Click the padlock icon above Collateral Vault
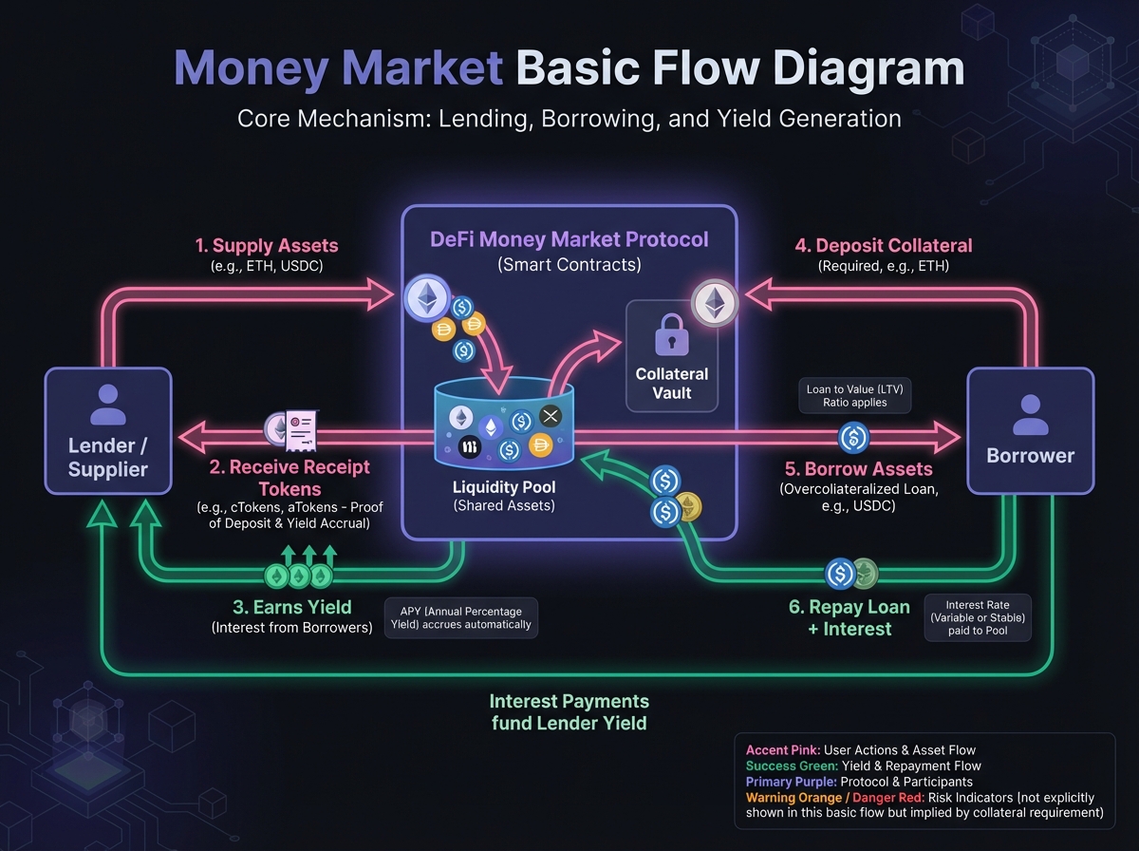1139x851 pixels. click(x=671, y=335)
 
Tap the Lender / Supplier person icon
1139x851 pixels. click(x=108, y=405)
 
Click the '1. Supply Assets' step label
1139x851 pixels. click(x=267, y=245)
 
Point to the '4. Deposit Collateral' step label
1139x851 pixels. click(x=883, y=245)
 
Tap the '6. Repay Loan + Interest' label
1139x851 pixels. click(x=850, y=617)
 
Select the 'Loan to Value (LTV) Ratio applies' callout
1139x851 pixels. click(x=854, y=395)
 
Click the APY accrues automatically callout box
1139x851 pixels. click(x=461, y=616)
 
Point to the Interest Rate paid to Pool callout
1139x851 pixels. click(x=977, y=617)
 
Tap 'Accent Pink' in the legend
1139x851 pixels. click(x=783, y=750)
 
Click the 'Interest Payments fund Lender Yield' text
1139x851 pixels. click(x=569, y=712)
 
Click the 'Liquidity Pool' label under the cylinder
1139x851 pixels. click(x=503, y=487)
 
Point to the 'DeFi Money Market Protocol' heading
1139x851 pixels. click(x=569, y=239)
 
